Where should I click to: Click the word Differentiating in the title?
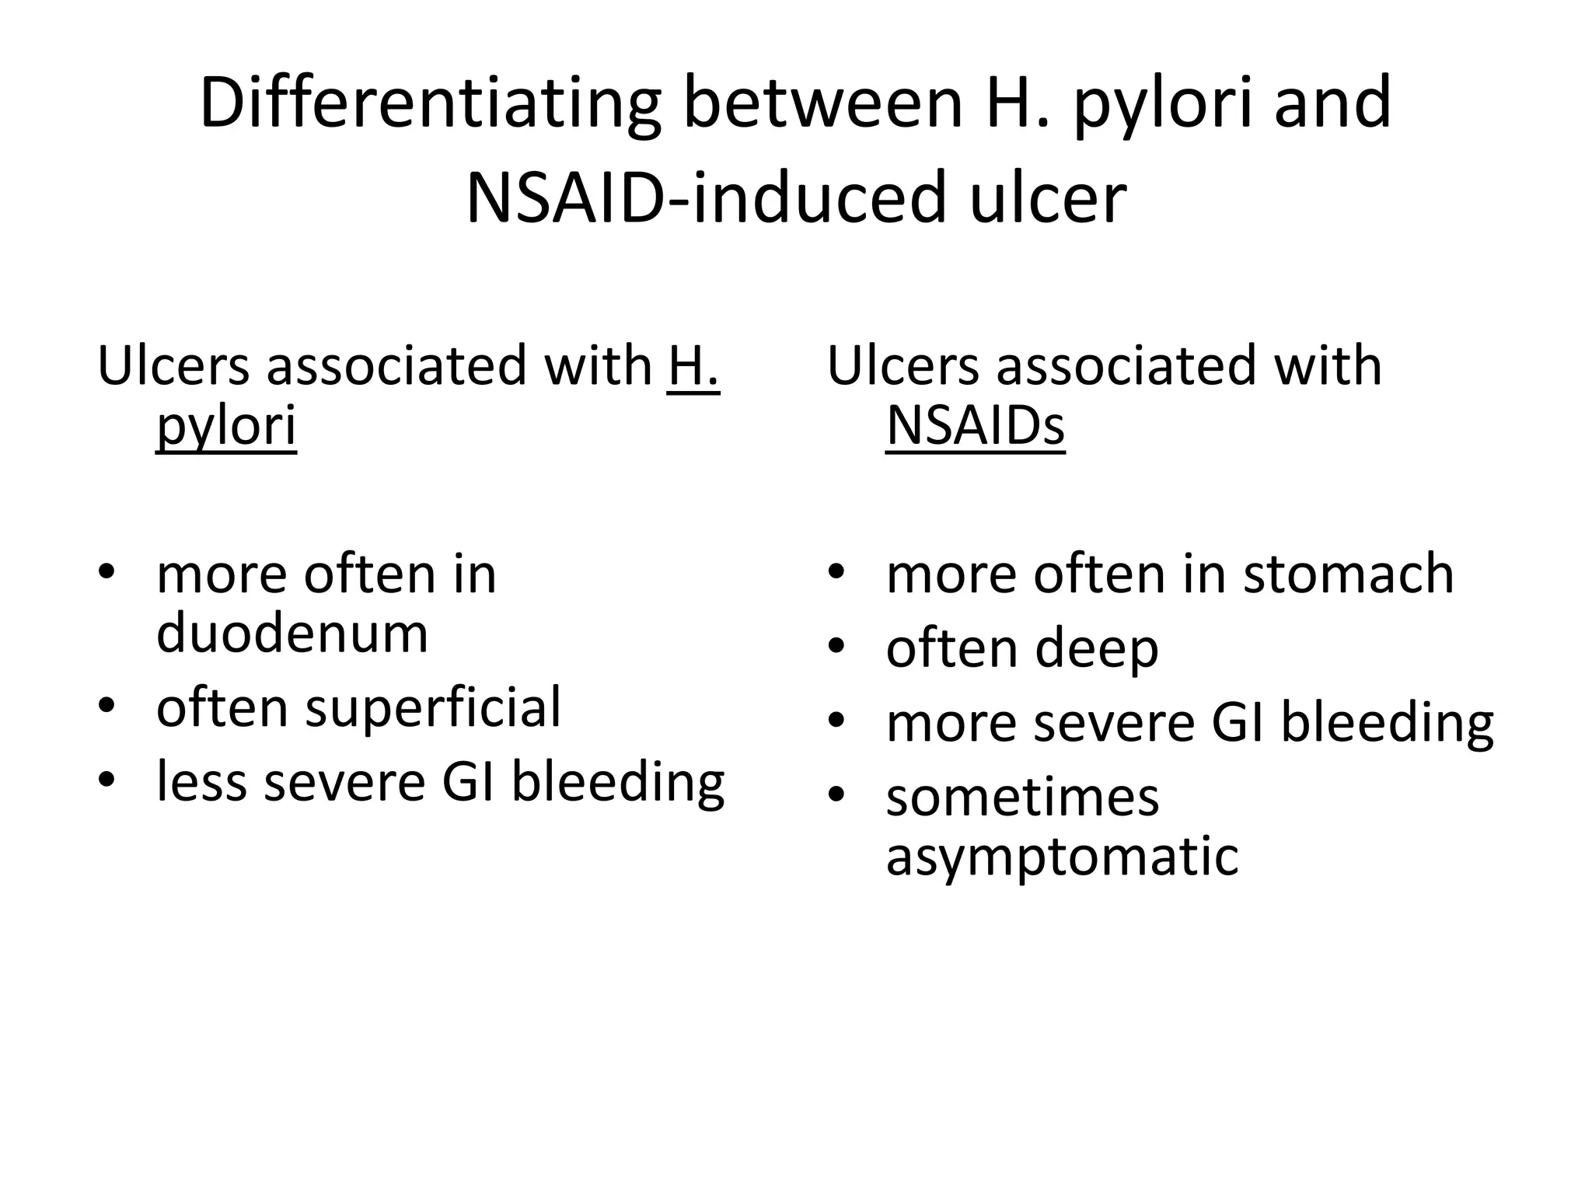pyautogui.click(x=430, y=104)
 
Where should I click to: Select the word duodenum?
pyautogui.click(x=292, y=633)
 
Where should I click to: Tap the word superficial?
pyautogui.click(x=433, y=707)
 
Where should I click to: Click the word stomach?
pyautogui.click(x=1348, y=574)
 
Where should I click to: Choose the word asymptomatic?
pyautogui.click(x=1062, y=856)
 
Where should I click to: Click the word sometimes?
pyautogui.click(x=1021, y=798)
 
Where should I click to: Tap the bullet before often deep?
pyautogui.click(x=836, y=647)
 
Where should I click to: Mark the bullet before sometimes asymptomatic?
pyautogui.click(x=836, y=795)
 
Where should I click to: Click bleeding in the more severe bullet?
pyautogui.click(x=1387, y=723)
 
